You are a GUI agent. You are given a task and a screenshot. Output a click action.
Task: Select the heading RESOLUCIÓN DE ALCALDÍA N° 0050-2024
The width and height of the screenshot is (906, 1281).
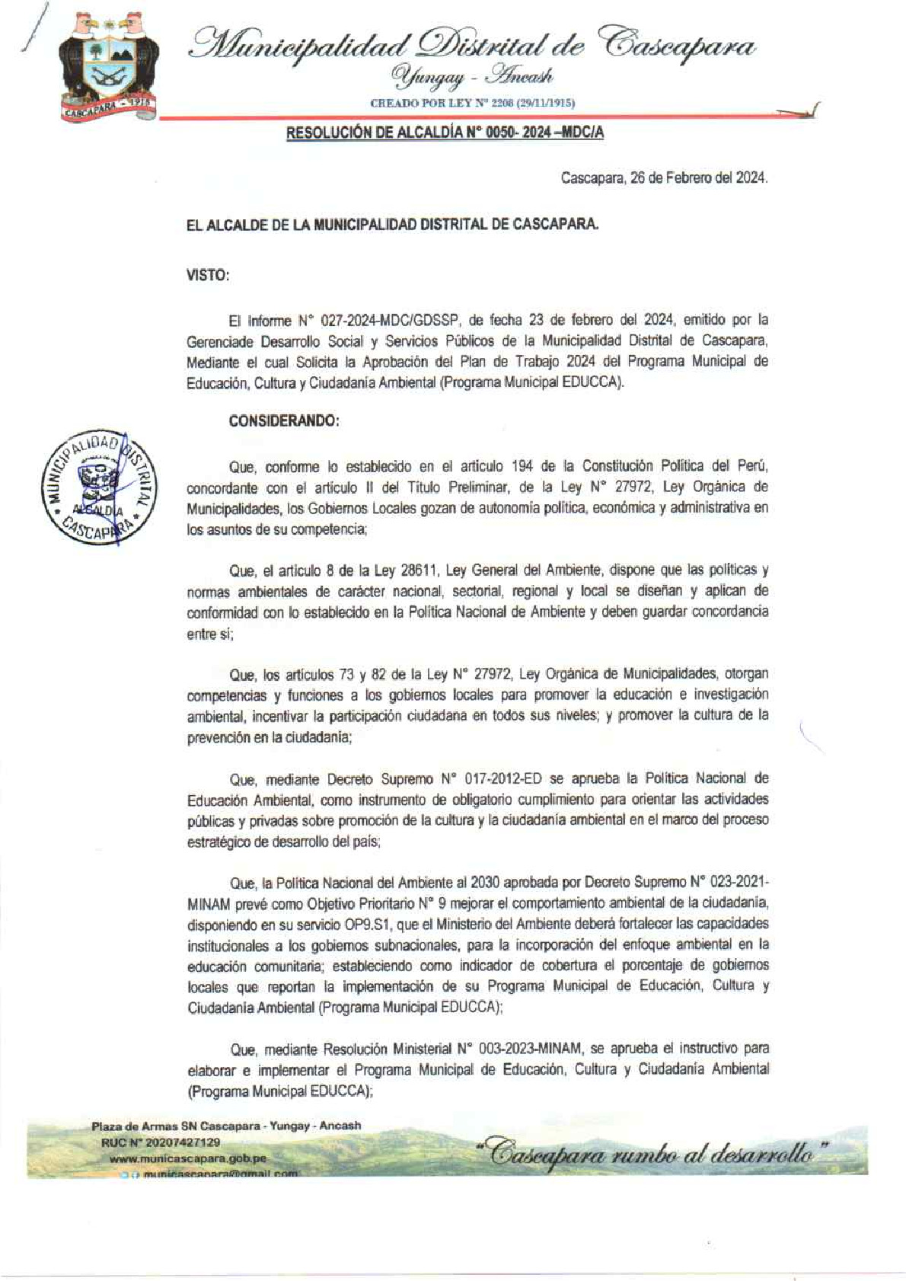pos(445,133)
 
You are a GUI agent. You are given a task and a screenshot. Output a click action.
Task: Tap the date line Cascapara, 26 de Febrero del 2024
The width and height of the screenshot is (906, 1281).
pos(664,178)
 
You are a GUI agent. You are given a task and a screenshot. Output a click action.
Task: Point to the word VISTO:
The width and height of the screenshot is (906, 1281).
pos(208,276)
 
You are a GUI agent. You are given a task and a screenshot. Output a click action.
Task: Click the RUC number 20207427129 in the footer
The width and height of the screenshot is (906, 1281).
pos(161,1142)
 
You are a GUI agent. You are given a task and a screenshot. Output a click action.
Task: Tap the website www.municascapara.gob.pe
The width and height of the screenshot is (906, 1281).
pos(188,1158)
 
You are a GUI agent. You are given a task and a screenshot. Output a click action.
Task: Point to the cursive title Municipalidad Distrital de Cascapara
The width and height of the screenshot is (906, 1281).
pos(472,43)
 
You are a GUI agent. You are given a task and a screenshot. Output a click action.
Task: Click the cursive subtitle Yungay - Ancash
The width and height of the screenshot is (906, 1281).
pos(472,77)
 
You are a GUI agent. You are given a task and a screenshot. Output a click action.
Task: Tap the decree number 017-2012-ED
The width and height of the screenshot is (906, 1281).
pos(501,779)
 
